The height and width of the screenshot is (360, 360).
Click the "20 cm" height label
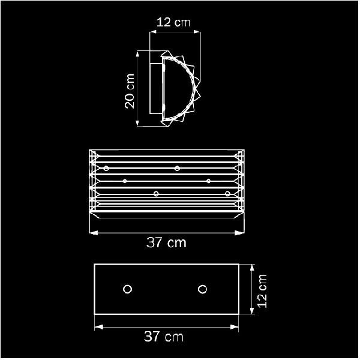(x=130, y=91)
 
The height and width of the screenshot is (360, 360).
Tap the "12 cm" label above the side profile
(x=173, y=23)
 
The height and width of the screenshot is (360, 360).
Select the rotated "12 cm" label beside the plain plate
(x=262, y=291)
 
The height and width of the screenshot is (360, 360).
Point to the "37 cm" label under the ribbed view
(x=166, y=242)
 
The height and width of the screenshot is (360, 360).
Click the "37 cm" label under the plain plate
(x=164, y=337)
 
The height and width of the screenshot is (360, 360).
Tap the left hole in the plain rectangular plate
(x=127, y=289)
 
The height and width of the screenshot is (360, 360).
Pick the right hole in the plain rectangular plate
(x=202, y=289)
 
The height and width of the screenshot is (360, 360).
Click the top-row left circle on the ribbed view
(x=106, y=168)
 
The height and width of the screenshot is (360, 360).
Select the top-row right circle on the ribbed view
(x=177, y=168)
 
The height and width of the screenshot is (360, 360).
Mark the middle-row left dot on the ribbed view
(x=125, y=181)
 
